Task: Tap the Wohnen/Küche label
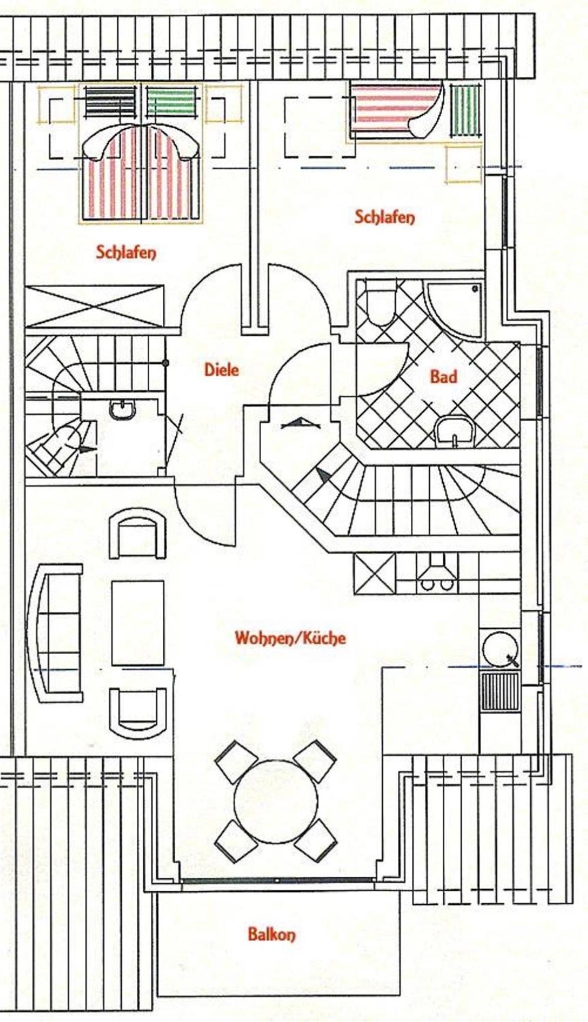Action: [x=290, y=638]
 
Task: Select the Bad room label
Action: [x=444, y=376]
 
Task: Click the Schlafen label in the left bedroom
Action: [x=126, y=252]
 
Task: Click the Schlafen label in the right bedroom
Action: [x=384, y=217]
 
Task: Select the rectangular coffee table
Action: [x=138, y=623]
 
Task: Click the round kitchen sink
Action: [x=500, y=649]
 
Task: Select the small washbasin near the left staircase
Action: [x=122, y=409]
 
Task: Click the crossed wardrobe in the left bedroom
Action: [x=95, y=306]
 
